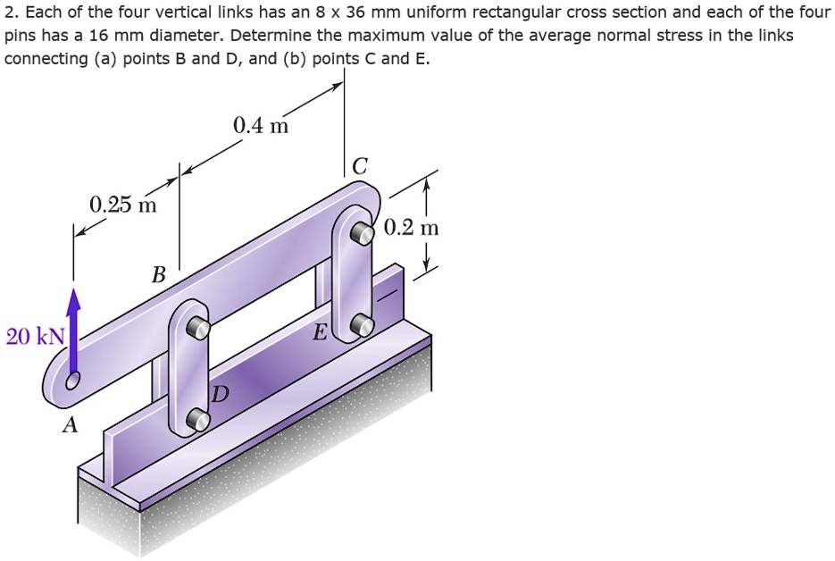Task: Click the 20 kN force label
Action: (35, 337)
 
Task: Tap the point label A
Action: (69, 426)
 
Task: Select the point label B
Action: (158, 274)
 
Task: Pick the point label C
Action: (359, 166)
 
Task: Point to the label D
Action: (220, 395)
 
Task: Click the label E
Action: (319, 334)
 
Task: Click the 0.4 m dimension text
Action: (260, 126)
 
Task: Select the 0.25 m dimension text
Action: (122, 205)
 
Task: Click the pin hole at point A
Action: (71, 381)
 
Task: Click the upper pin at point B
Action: (201, 328)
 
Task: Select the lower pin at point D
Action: (200, 418)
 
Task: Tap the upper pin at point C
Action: (361, 234)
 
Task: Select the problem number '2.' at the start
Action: (12, 13)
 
